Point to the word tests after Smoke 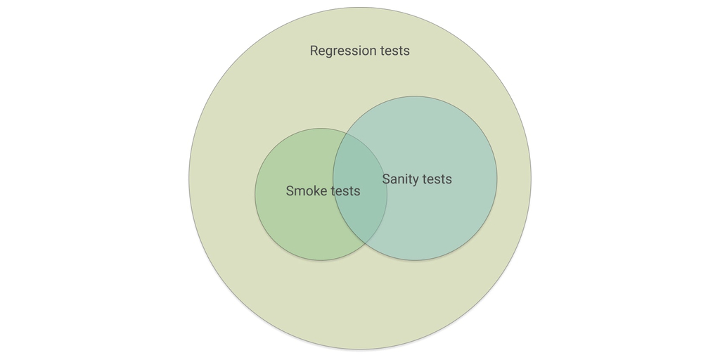coord(345,191)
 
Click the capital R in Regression coord(314,51)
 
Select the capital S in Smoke coord(290,191)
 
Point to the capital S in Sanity coord(386,179)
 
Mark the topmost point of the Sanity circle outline coord(415,96)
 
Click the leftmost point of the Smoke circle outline coord(255,194)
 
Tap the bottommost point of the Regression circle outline coord(360,349)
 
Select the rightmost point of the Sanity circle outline coord(497,179)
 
